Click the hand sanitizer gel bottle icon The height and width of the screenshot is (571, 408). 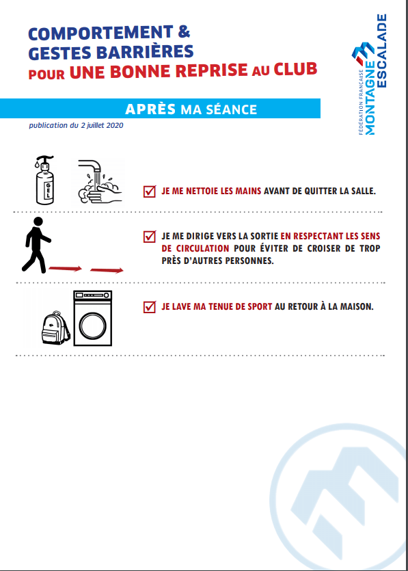tap(44, 180)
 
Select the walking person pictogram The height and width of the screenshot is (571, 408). tap(36, 245)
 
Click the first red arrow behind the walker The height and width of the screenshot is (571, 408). tap(65, 269)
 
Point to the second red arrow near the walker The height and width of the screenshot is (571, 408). tap(107, 270)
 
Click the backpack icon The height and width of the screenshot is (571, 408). tap(55, 328)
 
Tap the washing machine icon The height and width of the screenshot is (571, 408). tap(93, 318)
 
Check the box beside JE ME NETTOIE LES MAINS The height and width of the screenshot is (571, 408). tap(150, 191)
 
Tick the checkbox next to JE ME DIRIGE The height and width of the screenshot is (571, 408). tap(150, 236)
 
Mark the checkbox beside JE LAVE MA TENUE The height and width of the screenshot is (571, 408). tap(150, 306)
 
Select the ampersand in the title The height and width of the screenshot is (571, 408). tap(184, 31)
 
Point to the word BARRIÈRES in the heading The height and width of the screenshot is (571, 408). tap(145, 52)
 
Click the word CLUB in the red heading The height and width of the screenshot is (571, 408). tap(295, 69)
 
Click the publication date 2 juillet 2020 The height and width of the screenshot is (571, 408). tap(102, 125)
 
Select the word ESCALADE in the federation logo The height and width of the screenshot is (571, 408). tap(381, 51)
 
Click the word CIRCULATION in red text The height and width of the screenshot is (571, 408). tap(203, 248)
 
